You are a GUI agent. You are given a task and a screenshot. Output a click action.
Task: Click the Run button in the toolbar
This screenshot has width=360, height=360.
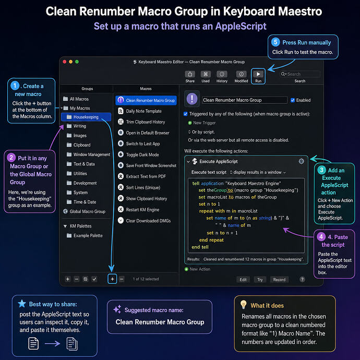[x=258, y=76]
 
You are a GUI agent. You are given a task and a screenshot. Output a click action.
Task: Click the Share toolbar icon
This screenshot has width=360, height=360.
[x=190, y=74]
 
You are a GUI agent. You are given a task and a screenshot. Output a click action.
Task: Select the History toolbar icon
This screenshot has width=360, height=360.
[x=222, y=74]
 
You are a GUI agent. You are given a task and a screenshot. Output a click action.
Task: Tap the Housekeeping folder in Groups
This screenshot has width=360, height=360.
[x=86, y=117]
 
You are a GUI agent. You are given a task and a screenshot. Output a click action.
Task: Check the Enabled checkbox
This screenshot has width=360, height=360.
[x=293, y=100]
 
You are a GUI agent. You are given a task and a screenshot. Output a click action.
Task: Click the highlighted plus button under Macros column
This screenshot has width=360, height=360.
[x=112, y=279]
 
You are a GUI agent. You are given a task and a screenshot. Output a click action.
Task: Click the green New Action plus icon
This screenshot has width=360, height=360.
[x=186, y=269]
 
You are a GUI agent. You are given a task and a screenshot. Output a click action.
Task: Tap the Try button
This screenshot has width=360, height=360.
[x=260, y=280]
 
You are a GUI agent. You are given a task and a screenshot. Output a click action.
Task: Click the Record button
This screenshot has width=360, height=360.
[x=279, y=280]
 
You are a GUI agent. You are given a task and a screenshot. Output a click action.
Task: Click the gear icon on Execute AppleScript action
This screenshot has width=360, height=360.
[x=301, y=161]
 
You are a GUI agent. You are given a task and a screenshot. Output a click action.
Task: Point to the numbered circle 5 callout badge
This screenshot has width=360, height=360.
[x=275, y=42]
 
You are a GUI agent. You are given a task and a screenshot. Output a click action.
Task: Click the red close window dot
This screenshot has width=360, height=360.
[x=65, y=62]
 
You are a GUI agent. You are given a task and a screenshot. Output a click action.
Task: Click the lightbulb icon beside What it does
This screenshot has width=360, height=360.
[x=243, y=305]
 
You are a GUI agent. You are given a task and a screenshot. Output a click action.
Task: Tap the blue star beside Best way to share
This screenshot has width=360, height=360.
[x=22, y=304]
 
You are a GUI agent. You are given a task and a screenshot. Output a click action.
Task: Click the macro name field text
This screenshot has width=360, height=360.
[x=232, y=100]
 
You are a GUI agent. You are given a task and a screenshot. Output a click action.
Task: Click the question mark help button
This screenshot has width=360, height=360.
[x=302, y=279]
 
